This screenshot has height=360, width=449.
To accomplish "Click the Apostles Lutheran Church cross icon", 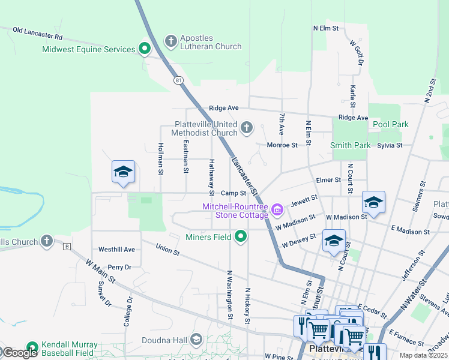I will pyautogui.click(x=170, y=41).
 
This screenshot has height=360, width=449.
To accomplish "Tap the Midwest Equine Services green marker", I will pyautogui.click(x=144, y=49).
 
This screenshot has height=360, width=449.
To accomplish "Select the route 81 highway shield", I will pyautogui.click(x=178, y=80).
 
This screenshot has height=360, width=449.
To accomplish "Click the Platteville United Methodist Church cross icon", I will pyautogui.click(x=246, y=127).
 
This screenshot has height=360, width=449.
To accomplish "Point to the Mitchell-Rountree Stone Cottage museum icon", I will pyautogui.click(x=277, y=209).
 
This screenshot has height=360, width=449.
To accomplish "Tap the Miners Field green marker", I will pyautogui.click(x=241, y=236).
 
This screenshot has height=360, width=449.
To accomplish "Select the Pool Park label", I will pyautogui.click(x=390, y=124).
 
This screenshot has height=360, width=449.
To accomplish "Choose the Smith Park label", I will pyautogui.click(x=350, y=145).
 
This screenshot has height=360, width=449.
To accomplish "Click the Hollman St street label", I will pyautogui.click(x=161, y=158).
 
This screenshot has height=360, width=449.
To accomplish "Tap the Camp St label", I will pyautogui.click(x=234, y=193).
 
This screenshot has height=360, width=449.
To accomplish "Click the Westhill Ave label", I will pyautogui.click(x=116, y=249).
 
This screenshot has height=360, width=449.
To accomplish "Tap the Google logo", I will pyautogui.click(x=19, y=353).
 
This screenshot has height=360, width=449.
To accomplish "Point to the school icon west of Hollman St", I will pyautogui.click(x=123, y=173).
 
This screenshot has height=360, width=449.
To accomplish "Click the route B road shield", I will pyautogui.click(x=67, y=246).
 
